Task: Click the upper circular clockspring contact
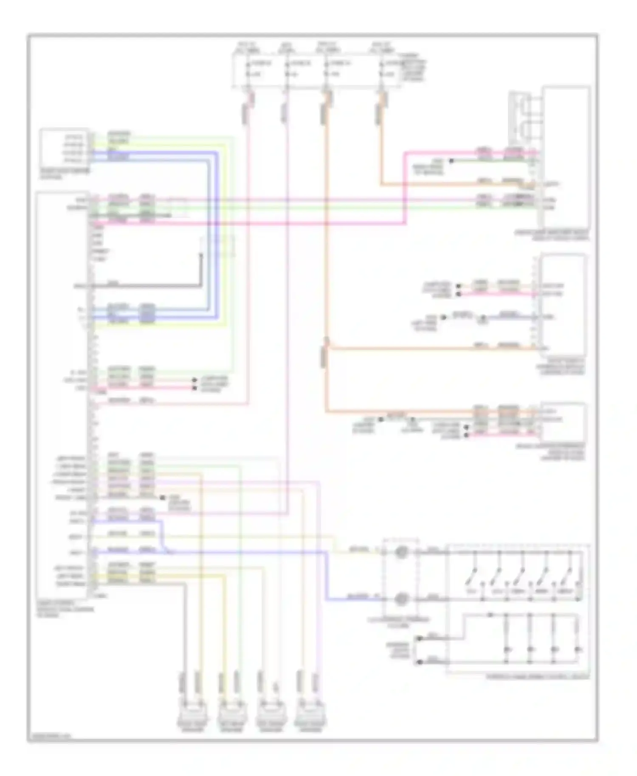(x=401, y=552)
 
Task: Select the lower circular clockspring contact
(x=401, y=599)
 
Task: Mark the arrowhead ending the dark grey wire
(x=201, y=256)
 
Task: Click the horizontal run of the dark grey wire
(x=144, y=286)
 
